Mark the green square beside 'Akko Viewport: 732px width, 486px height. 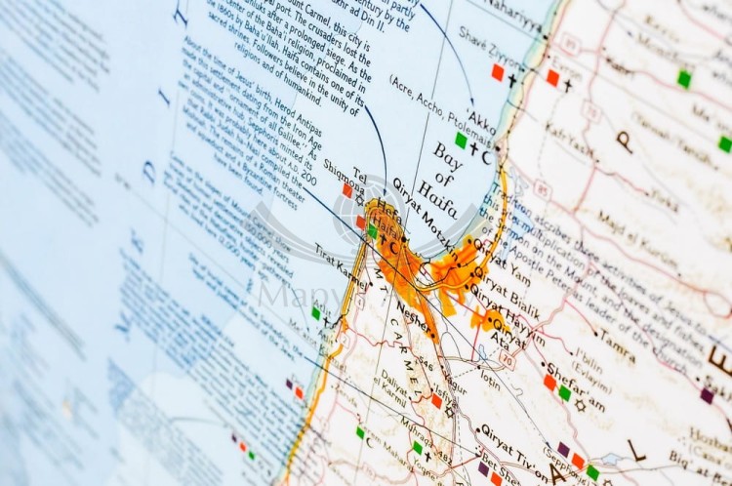pos(461,141)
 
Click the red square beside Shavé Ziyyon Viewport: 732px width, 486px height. pos(498,72)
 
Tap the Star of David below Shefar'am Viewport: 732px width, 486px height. pos(580,404)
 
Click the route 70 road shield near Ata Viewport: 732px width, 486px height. pos(508,359)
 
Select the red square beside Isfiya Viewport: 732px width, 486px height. pos(436,400)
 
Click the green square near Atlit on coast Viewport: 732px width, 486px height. pos(315,313)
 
